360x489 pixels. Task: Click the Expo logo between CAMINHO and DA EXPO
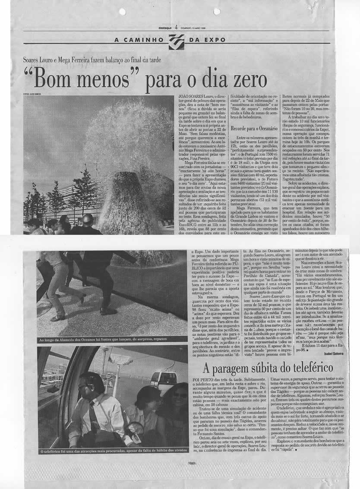point(177,42)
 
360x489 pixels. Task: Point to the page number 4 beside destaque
point(177,27)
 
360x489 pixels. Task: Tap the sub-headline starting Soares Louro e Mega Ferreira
point(92,60)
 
